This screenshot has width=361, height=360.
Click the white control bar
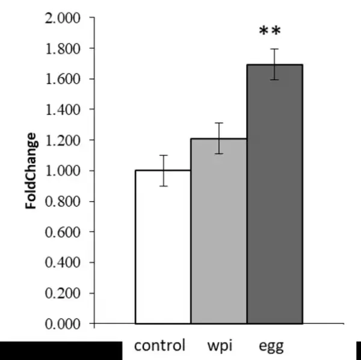pyautogui.click(x=162, y=247)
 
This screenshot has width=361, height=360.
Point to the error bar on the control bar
pyautogui.click(x=162, y=170)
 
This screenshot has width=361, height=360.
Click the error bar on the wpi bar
pyautogui.click(x=218, y=138)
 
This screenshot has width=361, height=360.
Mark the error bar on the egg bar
pyautogui.click(x=274, y=64)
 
